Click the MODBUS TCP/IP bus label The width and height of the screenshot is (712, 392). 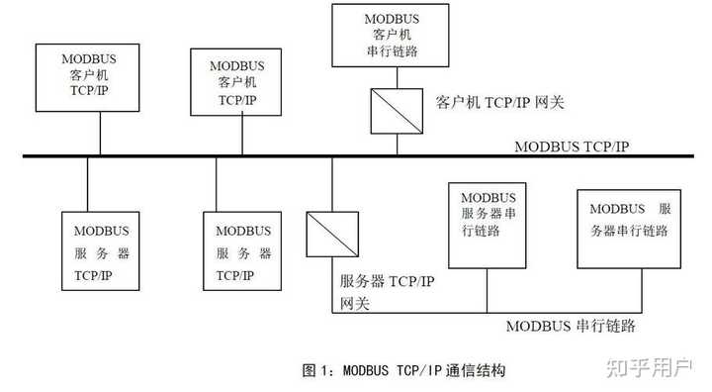tap(572, 146)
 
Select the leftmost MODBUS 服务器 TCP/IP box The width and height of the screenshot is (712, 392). tap(101, 250)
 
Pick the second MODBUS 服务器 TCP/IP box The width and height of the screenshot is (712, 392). tap(241, 250)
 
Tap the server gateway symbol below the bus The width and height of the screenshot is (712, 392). tap(330, 235)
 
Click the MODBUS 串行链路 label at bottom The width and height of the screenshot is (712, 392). tap(571, 326)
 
